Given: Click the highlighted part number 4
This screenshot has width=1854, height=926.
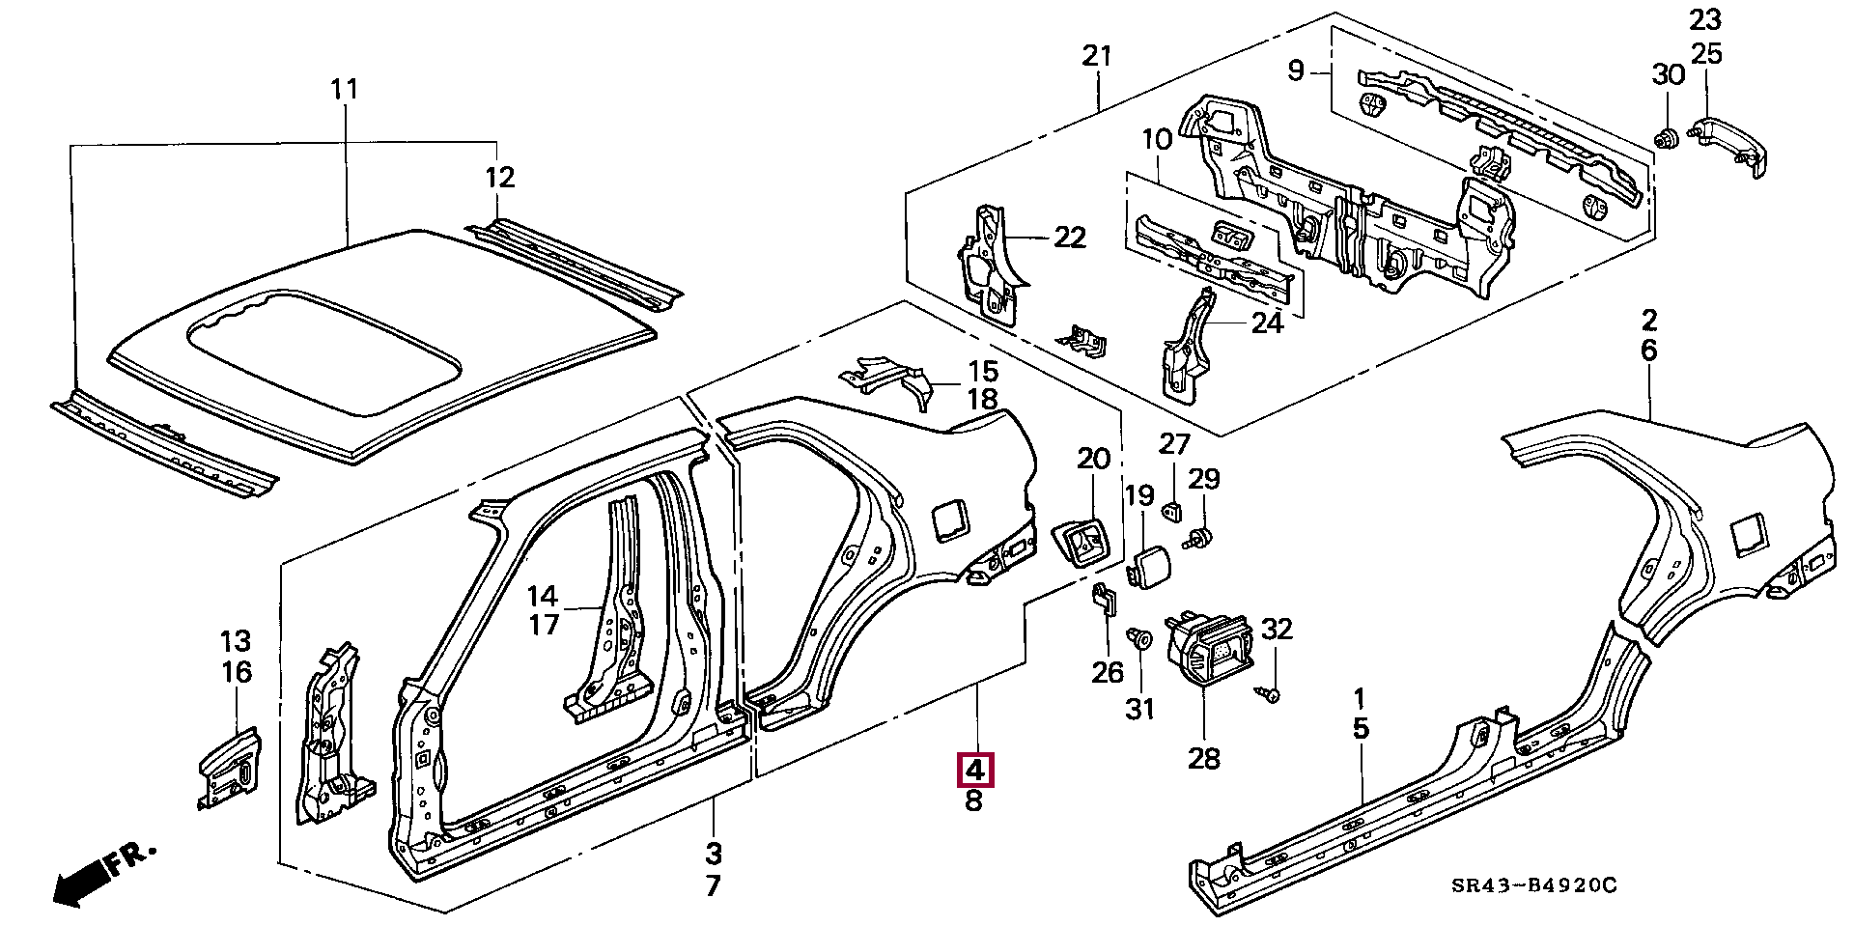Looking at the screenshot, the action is click(x=974, y=771).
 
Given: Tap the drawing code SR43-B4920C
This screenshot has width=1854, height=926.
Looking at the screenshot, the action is click(x=1533, y=885).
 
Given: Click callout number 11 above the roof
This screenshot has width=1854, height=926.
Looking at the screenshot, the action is click(x=345, y=90).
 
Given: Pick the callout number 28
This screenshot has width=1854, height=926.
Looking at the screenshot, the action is click(x=1204, y=758).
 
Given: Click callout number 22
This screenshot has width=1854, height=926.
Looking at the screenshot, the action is click(x=1070, y=237).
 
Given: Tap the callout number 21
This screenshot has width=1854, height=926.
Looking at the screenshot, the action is click(x=1098, y=56).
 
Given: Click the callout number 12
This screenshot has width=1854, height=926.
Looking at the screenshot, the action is click(x=500, y=178).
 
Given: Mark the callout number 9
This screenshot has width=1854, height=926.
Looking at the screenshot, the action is click(x=1296, y=70).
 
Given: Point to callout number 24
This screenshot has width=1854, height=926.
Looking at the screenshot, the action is click(x=1267, y=323).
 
